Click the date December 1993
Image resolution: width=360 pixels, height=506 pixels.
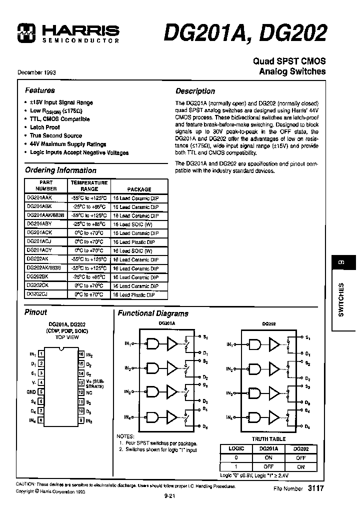point(36,72)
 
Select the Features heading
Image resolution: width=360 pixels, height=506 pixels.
point(39,90)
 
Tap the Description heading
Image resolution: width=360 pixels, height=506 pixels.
point(195,91)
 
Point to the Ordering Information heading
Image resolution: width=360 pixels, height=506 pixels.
point(60,170)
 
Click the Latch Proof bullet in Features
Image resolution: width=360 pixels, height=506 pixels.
point(45,127)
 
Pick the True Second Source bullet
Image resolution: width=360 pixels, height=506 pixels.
point(55,135)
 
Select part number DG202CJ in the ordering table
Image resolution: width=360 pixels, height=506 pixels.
point(37,294)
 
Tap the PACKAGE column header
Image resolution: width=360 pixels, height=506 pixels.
point(139,189)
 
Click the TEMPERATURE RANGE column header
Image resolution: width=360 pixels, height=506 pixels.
point(89,186)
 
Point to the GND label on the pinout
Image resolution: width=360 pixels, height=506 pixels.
point(31,392)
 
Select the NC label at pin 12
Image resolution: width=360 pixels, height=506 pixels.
point(89,392)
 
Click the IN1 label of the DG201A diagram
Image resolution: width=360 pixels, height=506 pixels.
point(127,344)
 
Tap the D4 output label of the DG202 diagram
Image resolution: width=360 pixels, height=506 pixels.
point(307,426)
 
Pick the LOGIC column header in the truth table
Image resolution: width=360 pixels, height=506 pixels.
point(236,449)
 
